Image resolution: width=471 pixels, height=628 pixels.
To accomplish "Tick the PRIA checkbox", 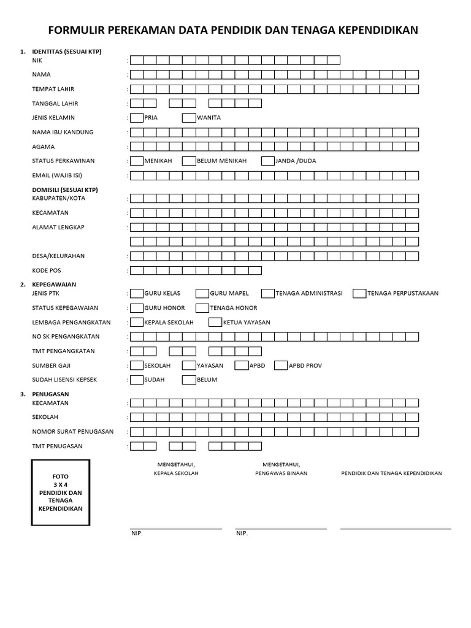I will (136, 118).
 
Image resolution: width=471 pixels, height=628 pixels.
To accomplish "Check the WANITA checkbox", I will (189, 118).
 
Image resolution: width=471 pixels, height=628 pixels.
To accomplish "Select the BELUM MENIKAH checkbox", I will (189, 161).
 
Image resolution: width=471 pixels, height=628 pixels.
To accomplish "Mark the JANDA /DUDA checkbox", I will (268, 161).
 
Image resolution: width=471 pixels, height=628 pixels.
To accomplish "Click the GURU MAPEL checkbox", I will (202, 294).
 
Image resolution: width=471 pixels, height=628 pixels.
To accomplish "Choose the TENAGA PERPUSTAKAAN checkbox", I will (360, 294).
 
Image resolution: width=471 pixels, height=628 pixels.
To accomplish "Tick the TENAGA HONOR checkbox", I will (202, 308).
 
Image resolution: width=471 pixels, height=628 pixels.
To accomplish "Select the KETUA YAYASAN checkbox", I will (215, 323).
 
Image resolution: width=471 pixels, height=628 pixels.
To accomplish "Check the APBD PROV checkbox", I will (281, 366).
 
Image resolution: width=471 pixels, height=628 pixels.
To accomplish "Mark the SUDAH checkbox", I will (136, 380).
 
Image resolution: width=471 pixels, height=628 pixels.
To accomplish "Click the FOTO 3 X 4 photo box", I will (61, 492).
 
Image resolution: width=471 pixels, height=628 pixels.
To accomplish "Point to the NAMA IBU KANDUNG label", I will (63, 132).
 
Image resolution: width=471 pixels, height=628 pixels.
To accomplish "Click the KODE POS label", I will (47, 270).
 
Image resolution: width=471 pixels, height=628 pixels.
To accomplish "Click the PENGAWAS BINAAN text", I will (281, 473).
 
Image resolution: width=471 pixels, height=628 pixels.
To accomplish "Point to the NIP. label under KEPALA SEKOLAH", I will (137, 534).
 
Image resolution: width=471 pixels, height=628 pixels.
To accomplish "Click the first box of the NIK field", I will (136, 60).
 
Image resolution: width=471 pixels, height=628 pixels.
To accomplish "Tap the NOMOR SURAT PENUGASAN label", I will (72, 432).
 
